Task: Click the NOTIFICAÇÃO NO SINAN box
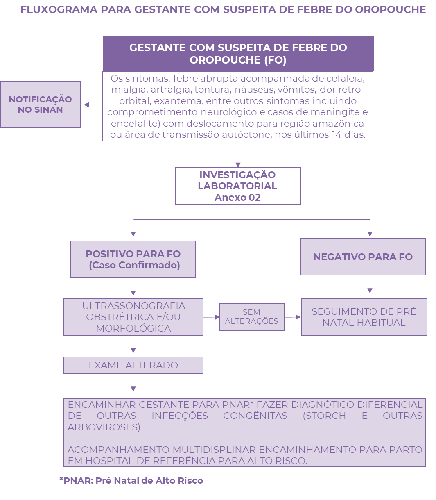(x=40, y=105)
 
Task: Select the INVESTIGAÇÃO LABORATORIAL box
(x=237, y=186)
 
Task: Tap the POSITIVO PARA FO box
(x=133, y=259)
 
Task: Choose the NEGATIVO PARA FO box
(x=363, y=257)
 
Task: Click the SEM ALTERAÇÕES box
(x=251, y=317)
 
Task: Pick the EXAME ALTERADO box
(x=133, y=365)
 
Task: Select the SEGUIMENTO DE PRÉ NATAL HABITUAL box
(x=364, y=317)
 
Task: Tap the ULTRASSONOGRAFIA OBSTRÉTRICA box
(x=133, y=317)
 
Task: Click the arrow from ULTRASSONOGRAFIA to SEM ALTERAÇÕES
(x=211, y=317)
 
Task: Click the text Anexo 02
(x=237, y=198)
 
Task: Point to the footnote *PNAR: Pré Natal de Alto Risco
(x=131, y=480)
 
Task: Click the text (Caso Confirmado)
(x=134, y=265)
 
